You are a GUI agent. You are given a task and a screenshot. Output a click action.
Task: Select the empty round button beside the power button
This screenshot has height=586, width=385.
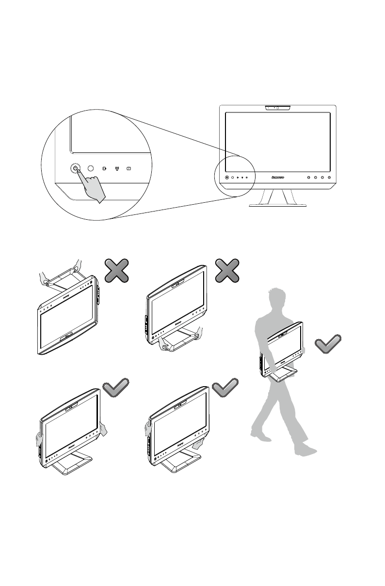(90, 168)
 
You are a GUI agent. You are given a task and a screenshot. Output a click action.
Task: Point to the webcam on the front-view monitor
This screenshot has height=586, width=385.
(277, 107)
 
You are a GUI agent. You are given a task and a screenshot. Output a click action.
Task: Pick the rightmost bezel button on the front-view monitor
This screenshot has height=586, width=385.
(329, 178)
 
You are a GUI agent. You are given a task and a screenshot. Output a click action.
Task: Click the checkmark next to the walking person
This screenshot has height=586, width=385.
(328, 344)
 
